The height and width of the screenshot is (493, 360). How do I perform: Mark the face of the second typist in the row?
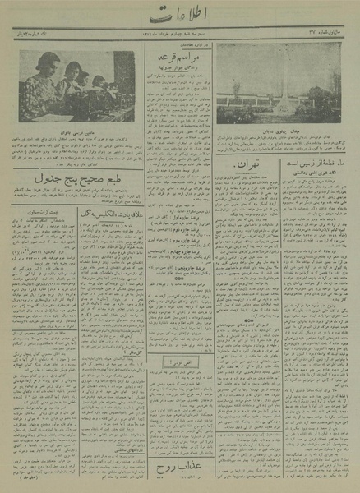point(72,71)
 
